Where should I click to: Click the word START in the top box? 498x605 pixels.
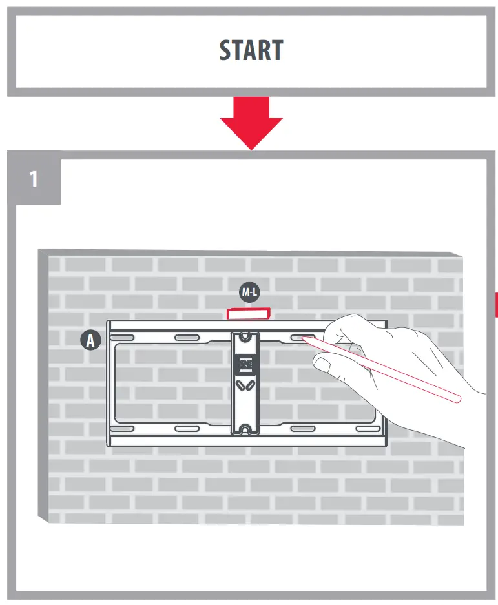(251, 50)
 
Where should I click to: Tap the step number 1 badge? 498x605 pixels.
(34, 179)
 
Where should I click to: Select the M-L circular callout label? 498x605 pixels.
(249, 292)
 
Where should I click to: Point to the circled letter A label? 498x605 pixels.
(91, 340)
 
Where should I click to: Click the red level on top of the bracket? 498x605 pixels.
(249, 313)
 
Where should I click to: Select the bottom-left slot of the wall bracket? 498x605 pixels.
(122, 429)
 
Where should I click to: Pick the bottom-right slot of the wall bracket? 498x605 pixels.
(368, 429)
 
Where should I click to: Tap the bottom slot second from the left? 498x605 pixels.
(187, 429)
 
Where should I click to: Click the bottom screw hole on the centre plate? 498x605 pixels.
(245, 429)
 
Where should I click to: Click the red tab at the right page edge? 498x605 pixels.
(495, 304)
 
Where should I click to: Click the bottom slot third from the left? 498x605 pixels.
(303, 429)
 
